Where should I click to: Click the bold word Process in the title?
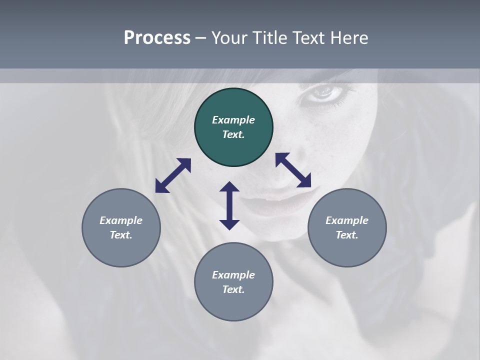157,38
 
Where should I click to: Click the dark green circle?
233,127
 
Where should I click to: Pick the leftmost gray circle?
121,227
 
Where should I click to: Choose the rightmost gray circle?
347,227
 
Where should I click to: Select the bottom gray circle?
233,282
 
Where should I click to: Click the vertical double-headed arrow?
229,205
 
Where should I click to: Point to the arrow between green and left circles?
173,175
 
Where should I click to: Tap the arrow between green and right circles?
293,170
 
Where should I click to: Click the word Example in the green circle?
233,120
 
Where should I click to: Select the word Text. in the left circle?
121,235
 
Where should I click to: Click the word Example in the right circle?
347,220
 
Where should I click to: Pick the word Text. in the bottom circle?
233,289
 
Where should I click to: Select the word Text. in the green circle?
233,134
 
